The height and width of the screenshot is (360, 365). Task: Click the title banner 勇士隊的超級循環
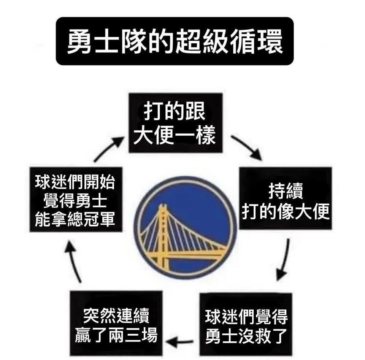pos(175,41)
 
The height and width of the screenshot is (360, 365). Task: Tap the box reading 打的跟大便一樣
pos(176,123)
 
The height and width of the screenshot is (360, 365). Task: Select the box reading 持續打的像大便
pos(286,198)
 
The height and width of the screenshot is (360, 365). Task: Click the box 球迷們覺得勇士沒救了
pos(246,324)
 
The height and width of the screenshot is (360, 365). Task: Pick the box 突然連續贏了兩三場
pos(116,323)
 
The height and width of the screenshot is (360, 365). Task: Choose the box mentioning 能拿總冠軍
pos(76,199)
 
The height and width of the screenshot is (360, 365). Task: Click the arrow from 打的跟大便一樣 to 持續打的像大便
pos(247,147)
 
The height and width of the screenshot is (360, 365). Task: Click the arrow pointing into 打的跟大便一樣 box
pos(108,149)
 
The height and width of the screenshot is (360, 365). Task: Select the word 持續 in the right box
pos(286,191)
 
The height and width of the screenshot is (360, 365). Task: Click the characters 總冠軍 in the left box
pos(91,219)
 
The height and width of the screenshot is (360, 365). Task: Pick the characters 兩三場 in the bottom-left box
pos(133,335)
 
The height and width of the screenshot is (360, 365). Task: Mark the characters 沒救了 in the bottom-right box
pos(263,336)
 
